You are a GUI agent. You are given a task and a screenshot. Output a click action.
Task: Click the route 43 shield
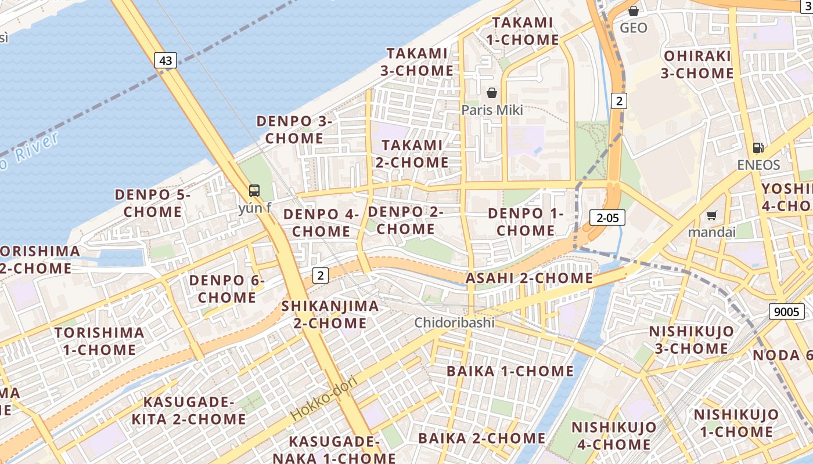coord(166,60)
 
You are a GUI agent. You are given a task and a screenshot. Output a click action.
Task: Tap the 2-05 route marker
coord(607,217)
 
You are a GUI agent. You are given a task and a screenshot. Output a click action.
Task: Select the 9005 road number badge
coord(787,311)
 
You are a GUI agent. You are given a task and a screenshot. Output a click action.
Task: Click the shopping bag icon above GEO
coord(634,11)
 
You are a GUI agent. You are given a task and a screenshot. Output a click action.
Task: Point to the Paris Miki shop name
coord(492,110)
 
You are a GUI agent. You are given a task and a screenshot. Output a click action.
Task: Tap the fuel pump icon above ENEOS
coord(758,148)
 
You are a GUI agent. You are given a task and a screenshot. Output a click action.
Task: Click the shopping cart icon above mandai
coord(711,216)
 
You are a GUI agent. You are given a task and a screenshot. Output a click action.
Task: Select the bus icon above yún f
coord(254,190)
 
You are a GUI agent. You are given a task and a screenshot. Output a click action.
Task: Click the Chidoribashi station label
coord(455,322)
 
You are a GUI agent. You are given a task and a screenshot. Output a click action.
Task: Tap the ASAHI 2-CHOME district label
coord(529,278)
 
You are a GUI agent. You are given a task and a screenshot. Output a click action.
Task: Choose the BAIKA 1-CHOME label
coord(510,371)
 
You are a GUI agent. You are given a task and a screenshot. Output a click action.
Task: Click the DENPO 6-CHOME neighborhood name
coord(226,289)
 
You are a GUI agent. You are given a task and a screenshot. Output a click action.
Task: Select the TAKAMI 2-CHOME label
coord(412,153)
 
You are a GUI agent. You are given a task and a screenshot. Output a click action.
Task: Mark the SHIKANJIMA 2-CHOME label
coord(330,314)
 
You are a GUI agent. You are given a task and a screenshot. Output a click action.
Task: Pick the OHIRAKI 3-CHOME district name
coord(697,64)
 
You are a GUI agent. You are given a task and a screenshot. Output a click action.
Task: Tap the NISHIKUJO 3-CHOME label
coord(691,340)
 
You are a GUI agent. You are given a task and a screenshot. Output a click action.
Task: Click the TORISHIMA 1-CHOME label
coord(99,341)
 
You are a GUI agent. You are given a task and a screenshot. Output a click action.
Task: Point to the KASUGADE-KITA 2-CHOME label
coord(188,410)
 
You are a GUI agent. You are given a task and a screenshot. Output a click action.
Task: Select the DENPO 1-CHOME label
coord(526,222)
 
